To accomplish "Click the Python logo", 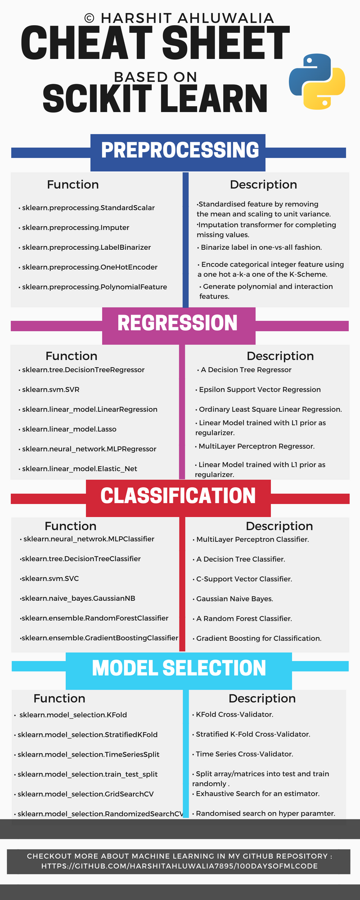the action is click(x=317, y=81).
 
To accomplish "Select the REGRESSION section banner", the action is click(x=178, y=324).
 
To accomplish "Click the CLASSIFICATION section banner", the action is click(x=178, y=496).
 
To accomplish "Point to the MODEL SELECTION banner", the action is click(x=179, y=669).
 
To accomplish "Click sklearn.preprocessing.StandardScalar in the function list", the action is click(x=88, y=208).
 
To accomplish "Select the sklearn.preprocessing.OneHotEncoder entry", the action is click(x=90, y=267).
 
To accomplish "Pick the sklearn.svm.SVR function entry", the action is click(x=51, y=390).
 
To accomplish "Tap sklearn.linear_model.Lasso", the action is click(x=69, y=429).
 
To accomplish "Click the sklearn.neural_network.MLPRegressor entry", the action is click(x=89, y=449).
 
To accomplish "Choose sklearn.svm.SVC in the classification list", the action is click(x=50, y=579).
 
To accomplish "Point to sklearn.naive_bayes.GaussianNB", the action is click(x=78, y=598).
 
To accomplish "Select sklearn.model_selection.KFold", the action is click(x=73, y=715).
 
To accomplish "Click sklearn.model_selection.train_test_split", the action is click(x=87, y=774).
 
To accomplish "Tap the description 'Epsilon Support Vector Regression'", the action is click(x=260, y=390).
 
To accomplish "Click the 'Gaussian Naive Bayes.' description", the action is click(x=234, y=599).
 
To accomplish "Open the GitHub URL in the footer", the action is click(x=180, y=866).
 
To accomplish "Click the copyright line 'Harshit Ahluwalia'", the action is click(x=179, y=18).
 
